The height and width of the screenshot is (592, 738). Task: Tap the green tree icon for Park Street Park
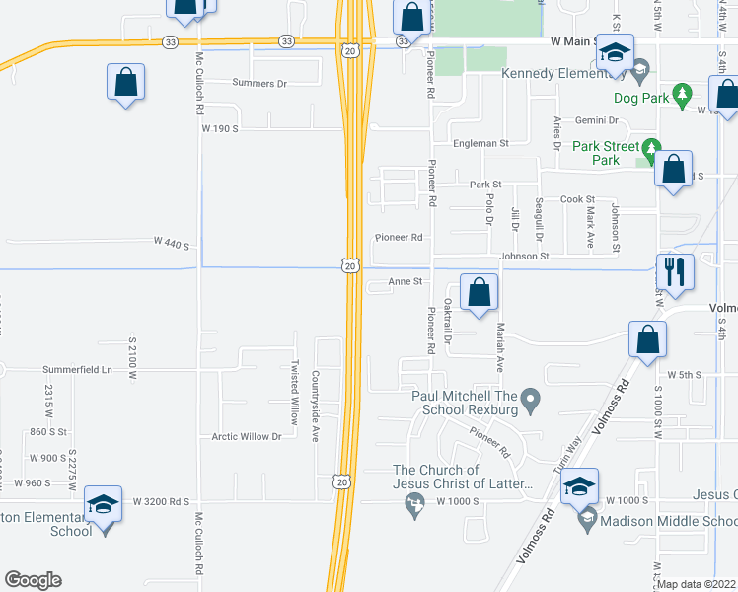point(649,149)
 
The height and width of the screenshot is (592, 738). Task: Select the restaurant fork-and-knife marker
point(674,271)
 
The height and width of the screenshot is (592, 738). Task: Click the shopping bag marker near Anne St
point(479,292)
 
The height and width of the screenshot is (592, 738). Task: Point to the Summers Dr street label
point(259,84)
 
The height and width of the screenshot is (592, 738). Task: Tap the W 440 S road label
point(171,242)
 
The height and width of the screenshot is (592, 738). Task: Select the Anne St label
point(405,281)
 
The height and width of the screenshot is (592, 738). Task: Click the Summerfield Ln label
point(78,370)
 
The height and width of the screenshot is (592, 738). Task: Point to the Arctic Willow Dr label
point(247,436)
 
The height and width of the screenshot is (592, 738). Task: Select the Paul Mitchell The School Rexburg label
point(466,403)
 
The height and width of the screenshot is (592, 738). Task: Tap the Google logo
point(33,580)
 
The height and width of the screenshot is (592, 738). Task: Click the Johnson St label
point(524,257)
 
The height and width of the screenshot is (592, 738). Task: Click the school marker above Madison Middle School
point(579,485)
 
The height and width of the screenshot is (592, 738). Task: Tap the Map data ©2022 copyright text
point(697,584)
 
